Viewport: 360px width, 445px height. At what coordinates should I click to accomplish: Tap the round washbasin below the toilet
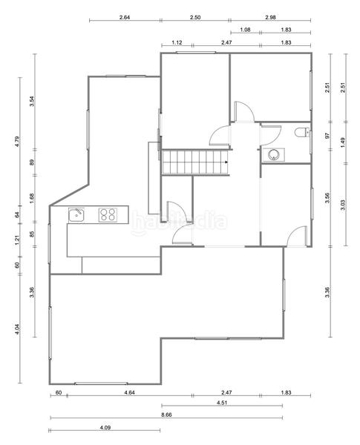[x=274, y=155]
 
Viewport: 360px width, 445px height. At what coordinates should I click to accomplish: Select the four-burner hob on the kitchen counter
[x=108, y=215]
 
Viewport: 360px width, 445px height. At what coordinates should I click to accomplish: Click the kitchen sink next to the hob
[x=77, y=215]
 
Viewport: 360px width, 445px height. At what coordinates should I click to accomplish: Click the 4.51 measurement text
[x=221, y=403]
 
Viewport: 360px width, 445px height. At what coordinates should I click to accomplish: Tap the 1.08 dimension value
[x=245, y=30]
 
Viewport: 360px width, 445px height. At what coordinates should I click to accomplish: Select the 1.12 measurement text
[x=177, y=43]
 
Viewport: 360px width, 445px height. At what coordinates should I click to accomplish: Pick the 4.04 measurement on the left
[x=20, y=329]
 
